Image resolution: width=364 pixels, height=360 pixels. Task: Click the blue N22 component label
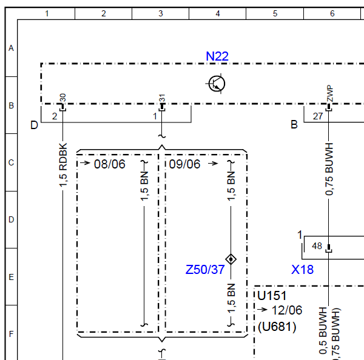217,56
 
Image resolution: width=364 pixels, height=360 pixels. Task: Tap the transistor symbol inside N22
217,84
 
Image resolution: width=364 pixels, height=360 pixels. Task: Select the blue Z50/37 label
205,270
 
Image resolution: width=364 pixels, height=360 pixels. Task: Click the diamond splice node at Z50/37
231,259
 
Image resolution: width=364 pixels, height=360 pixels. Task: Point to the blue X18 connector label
302,270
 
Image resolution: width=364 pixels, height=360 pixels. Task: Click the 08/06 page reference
110,164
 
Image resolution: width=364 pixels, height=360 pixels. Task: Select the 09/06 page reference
184,164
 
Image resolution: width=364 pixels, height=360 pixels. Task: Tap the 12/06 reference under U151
287,310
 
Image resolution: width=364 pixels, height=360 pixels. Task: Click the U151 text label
272,296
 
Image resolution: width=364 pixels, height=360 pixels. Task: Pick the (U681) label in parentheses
277,327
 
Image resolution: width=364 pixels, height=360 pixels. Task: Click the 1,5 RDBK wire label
63,165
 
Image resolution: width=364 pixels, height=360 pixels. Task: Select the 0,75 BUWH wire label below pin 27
329,169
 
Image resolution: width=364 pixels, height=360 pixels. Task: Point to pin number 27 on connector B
318,116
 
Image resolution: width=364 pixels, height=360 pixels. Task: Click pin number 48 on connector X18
317,246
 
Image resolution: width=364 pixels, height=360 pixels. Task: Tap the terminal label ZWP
330,93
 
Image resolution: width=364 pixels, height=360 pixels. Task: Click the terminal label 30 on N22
62,98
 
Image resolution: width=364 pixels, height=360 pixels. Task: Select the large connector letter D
34,125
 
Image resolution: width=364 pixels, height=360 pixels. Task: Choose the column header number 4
218,14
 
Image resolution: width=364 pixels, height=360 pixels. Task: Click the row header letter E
11,277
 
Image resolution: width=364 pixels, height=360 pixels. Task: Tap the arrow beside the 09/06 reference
213,164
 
